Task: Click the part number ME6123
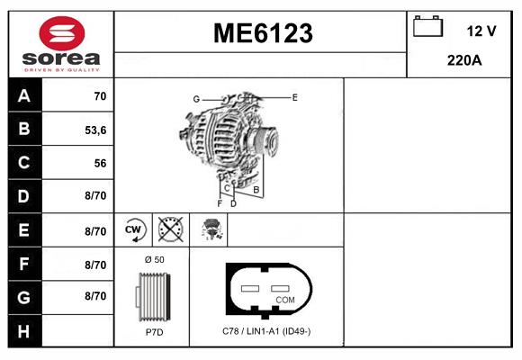262,33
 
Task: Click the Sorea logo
59,43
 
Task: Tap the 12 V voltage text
481,31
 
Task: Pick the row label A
23,95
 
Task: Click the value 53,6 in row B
95,130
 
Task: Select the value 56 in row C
100,163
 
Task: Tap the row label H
23,330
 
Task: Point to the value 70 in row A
100,96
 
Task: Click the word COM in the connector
285,299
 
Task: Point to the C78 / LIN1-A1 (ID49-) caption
266,331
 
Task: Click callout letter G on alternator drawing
195,98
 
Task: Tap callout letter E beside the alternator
294,95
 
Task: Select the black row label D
23,196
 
